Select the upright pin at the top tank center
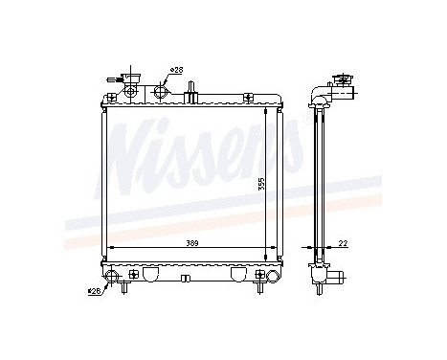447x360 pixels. [192, 91]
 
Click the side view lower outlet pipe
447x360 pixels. [336, 278]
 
